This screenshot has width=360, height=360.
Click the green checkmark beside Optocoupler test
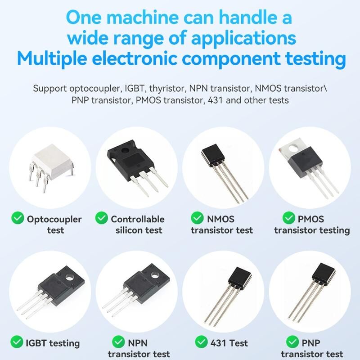click(18, 218)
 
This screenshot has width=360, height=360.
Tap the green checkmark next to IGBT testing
click(17, 342)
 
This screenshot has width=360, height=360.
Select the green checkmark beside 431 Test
click(201, 342)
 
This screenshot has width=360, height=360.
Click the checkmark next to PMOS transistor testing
click(289, 218)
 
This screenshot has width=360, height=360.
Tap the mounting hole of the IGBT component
click(69, 278)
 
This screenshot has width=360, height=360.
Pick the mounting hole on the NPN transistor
click(155, 275)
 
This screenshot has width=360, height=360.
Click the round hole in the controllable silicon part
click(125, 151)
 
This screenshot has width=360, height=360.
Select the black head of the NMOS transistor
click(212, 154)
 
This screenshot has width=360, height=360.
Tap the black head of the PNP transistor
click(324, 274)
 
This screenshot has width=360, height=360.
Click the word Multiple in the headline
click(52, 59)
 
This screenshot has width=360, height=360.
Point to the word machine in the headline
click(143, 18)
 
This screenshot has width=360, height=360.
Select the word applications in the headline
click(243, 39)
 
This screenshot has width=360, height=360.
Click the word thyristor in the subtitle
click(167, 88)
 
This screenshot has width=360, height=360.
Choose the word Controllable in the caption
click(138, 219)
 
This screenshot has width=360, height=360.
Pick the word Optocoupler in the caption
click(54, 220)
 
